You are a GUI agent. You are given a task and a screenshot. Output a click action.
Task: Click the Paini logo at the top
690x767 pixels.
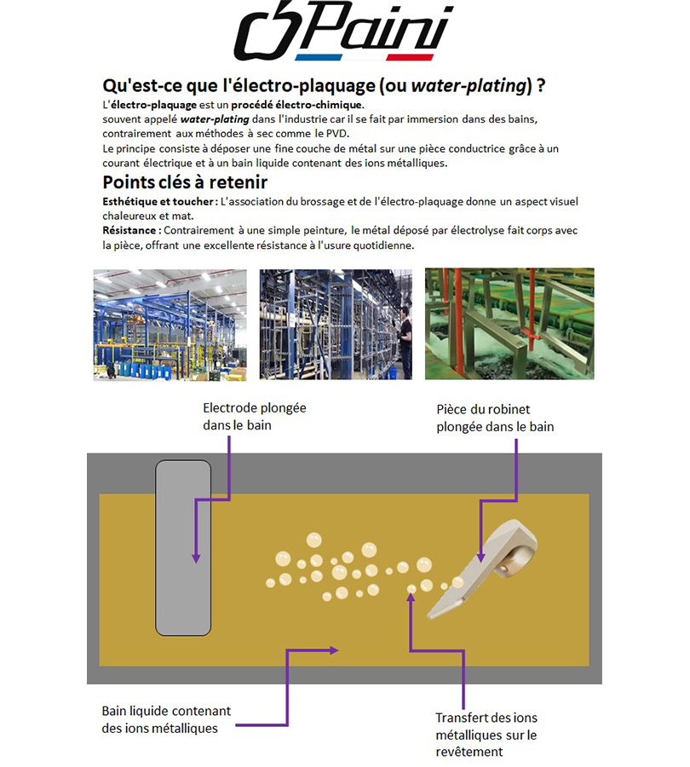[344, 31]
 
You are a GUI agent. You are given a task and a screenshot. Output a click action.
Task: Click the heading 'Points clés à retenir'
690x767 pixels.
[185, 182]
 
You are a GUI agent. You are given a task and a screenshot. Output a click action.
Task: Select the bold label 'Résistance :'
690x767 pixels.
[131, 230]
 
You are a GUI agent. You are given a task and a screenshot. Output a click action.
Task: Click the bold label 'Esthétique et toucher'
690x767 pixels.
[158, 201]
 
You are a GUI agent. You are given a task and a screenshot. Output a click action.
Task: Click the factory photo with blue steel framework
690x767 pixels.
[170, 325]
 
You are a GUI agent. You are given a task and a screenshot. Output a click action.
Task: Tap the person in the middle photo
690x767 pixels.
[404, 339]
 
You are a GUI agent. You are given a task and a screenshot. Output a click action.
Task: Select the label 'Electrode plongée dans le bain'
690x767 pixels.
[255, 416]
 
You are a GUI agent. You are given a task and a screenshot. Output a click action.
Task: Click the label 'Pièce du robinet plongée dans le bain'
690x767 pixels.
[495, 418]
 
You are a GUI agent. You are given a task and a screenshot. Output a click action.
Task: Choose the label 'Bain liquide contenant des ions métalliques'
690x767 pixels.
[166, 719]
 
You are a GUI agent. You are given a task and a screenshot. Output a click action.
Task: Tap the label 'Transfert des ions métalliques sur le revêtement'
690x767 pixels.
[486, 735]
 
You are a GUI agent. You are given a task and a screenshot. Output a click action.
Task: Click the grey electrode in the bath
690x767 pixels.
[183, 547]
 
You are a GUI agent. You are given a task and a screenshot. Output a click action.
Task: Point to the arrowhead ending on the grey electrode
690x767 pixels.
[196, 558]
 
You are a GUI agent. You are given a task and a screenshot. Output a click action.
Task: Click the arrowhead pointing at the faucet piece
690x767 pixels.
[480, 557]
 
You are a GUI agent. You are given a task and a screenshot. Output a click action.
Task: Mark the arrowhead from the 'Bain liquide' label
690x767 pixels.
[334, 650]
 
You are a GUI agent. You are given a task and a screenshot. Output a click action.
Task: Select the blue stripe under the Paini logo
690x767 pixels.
[319, 57]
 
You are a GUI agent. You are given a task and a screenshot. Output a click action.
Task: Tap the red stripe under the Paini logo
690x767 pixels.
[410, 57]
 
